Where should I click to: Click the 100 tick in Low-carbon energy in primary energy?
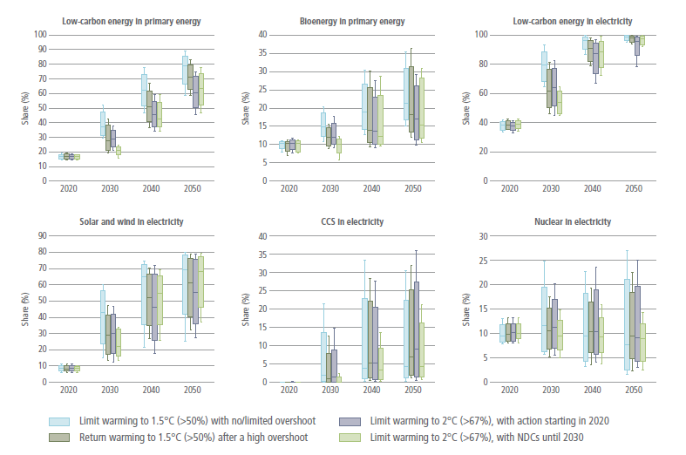pyautogui.click(x=39, y=35)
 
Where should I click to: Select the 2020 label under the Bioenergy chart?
pyautogui.click(x=289, y=188)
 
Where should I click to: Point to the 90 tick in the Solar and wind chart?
pyautogui.click(x=42, y=235)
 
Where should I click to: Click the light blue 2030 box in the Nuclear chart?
pyautogui.click(x=544, y=319)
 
